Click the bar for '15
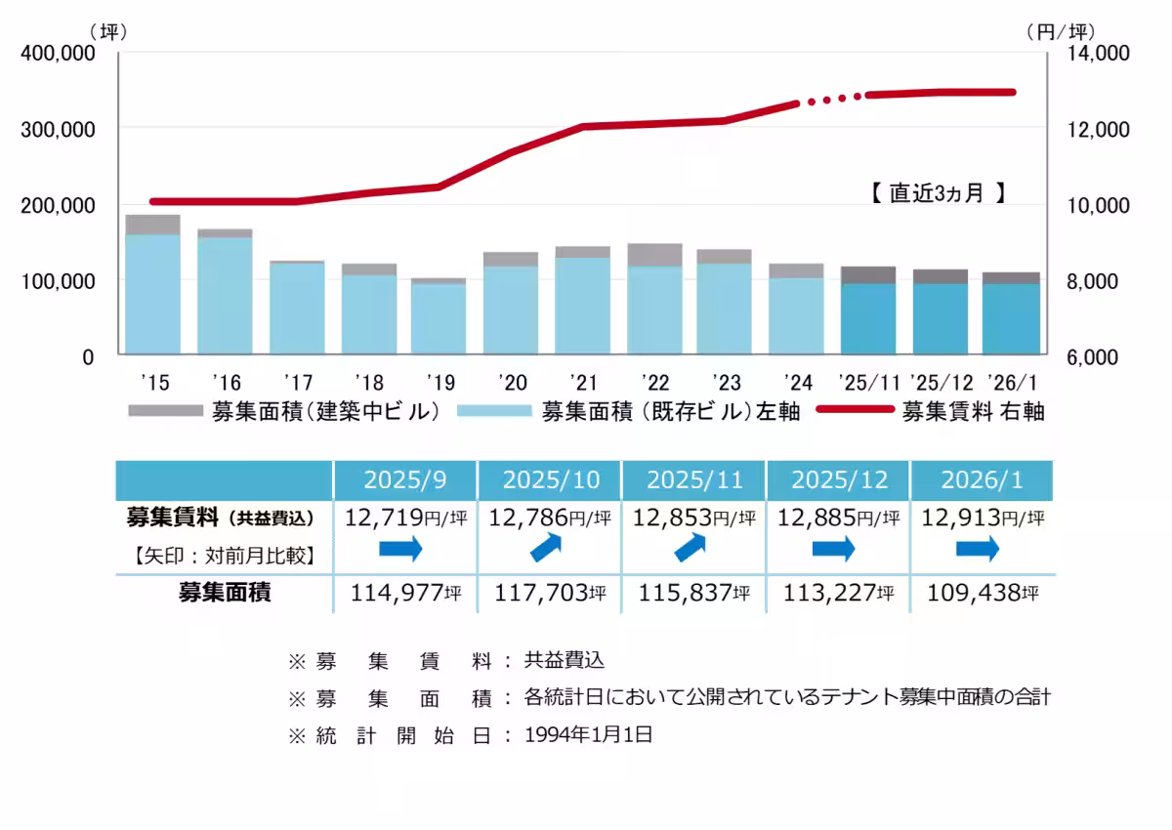[152, 285]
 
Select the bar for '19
[439, 317]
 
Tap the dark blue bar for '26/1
[1011, 318]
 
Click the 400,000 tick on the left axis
[58, 54]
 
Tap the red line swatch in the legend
[855, 411]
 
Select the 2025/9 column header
[405, 480]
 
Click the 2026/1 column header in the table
[982, 480]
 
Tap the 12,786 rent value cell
[550, 518]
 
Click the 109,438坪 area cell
[982, 593]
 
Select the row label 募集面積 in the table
[224, 593]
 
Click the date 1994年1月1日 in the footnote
[588, 735]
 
